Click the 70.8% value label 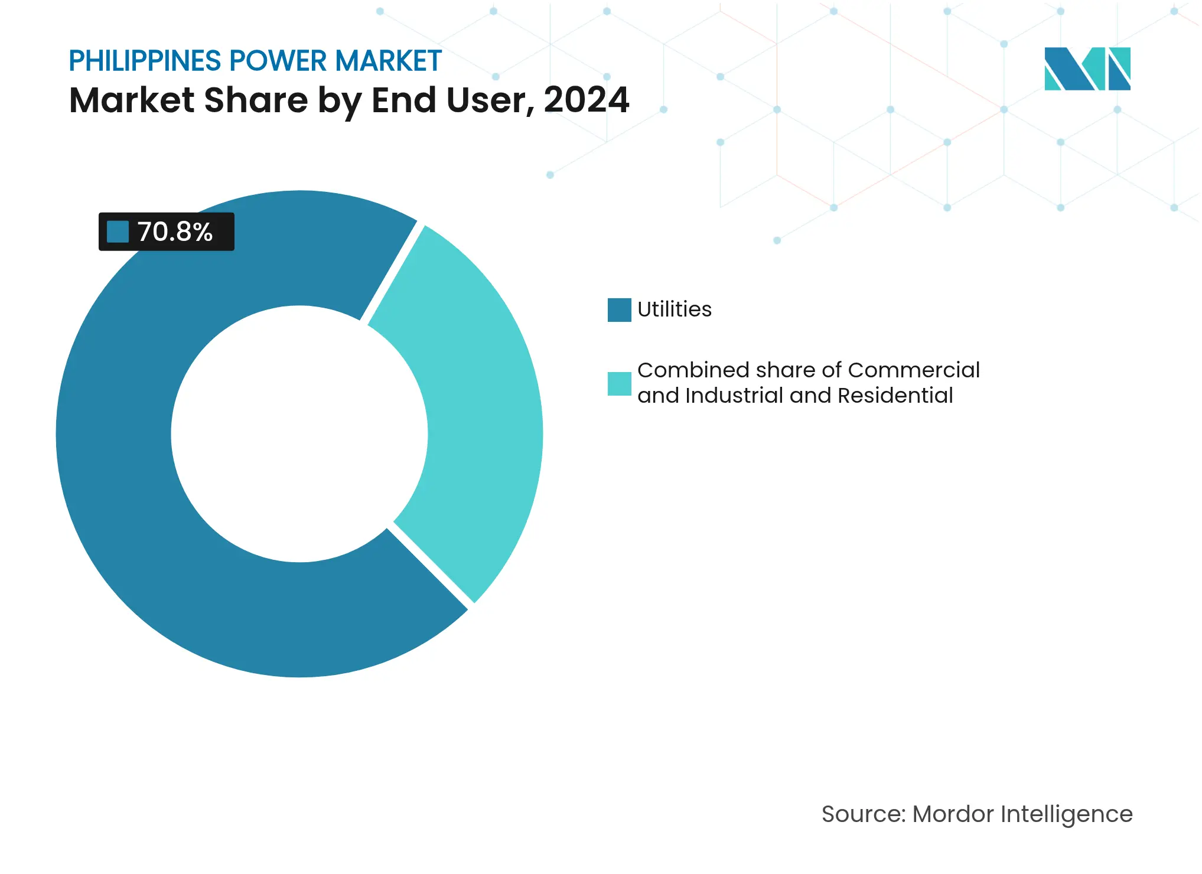pyautogui.click(x=175, y=232)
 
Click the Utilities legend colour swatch pyautogui.click(x=619, y=309)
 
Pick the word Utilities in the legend pyautogui.click(x=675, y=309)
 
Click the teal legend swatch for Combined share pyautogui.click(x=619, y=383)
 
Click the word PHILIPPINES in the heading pyautogui.click(x=145, y=61)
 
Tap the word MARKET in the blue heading pyautogui.click(x=388, y=61)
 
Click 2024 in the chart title pyautogui.click(x=586, y=100)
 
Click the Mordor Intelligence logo pyautogui.click(x=1087, y=69)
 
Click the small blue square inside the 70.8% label pyautogui.click(x=118, y=231)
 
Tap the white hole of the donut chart pyautogui.click(x=299, y=434)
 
